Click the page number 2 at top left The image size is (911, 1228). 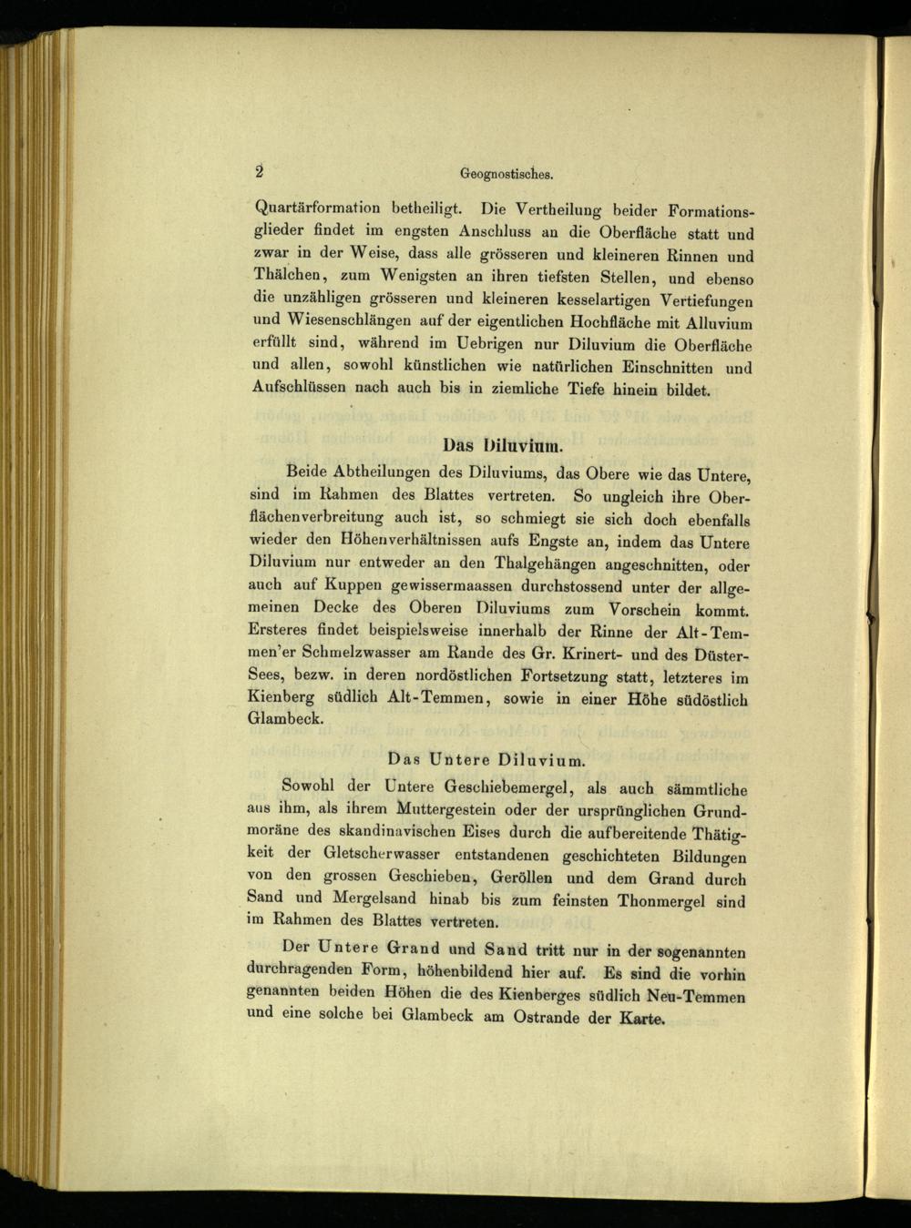(259, 170)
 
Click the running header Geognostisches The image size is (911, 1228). (507, 172)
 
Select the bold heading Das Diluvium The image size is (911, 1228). (504, 445)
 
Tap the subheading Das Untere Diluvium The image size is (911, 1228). (486, 758)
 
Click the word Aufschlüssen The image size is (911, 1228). (303, 388)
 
